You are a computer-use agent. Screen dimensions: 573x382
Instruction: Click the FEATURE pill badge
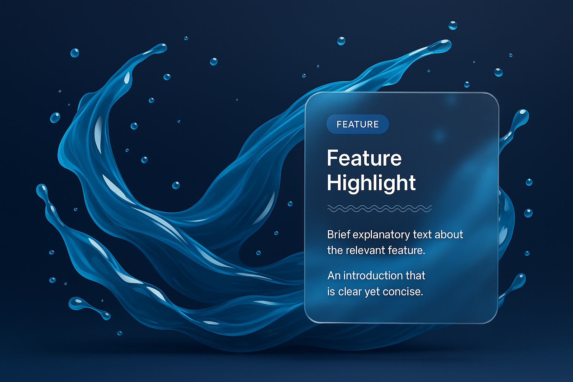pos(358,124)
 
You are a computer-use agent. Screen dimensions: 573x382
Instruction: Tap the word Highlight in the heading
pos(371,183)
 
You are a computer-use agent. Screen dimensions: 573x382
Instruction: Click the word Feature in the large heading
pos(364,158)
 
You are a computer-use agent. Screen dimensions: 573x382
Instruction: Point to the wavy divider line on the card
pos(380,209)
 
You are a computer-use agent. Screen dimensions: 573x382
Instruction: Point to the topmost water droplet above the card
pos(453,25)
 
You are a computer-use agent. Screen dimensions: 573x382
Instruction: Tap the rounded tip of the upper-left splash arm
pos(161,48)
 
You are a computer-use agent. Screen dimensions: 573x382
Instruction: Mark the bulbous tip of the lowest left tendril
pos(41,190)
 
